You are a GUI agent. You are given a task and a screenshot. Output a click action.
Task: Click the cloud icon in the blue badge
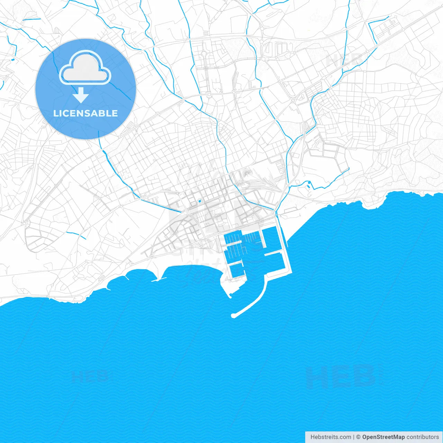(x=85, y=68)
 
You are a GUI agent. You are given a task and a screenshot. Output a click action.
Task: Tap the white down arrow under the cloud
(x=81, y=95)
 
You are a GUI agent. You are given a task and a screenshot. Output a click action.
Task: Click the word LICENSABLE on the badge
(x=85, y=113)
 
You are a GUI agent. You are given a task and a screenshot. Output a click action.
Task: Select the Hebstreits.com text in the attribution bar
(x=331, y=437)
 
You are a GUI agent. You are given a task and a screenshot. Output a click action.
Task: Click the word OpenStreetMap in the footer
(x=383, y=437)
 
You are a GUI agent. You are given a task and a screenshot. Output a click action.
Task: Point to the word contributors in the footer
(x=422, y=437)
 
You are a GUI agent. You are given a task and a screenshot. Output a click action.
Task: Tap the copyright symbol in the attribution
(x=358, y=437)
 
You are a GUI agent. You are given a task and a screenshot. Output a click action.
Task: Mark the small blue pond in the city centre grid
(x=199, y=201)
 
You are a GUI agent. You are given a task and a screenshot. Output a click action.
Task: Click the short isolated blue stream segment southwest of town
(x=76, y=234)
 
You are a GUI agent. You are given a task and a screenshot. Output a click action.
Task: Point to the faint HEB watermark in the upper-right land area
(x=344, y=61)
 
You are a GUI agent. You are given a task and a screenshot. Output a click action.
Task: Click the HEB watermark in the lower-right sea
(x=341, y=377)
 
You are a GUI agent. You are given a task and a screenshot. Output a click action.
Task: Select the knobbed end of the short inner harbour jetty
(x=229, y=295)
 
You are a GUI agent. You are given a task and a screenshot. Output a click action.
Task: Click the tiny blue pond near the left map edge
(x=13, y=60)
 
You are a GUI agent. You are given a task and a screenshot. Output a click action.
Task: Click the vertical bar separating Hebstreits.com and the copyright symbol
(x=354, y=437)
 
